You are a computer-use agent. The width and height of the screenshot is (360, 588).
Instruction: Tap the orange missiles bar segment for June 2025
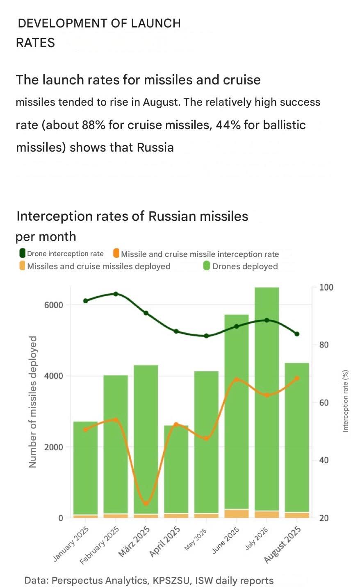pyautogui.click(x=237, y=513)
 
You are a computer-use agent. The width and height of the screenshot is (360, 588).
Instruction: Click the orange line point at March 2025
pyautogui.click(x=146, y=504)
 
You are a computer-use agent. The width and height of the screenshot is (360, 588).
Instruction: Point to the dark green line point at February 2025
pyautogui.click(x=116, y=294)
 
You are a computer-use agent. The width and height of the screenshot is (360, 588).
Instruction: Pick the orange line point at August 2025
pyautogui.click(x=297, y=378)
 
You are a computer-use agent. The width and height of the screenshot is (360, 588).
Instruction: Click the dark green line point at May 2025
pyautogui.click(x=206, y=336)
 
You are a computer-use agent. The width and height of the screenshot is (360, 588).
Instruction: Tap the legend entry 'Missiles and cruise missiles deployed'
pyautogui.click(x=98, y=266)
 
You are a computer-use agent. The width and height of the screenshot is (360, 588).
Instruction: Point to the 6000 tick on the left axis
pyautogui.click(x=54, y=305)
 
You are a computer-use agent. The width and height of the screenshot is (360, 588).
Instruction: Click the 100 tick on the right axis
pyautogui.click(x=326, y=287)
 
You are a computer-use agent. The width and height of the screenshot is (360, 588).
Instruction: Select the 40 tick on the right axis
pyautogui.click(x=324, y=460)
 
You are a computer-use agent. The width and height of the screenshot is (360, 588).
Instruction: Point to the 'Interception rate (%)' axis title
pyautogui.click(x=345, y=401)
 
